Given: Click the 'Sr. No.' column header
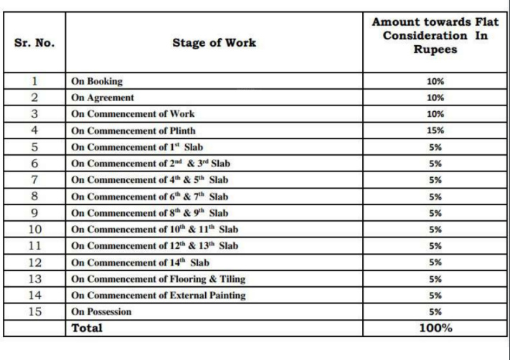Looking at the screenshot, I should (34, 43).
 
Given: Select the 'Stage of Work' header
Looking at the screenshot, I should (214, 43).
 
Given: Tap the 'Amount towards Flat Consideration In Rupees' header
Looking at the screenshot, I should (435, 36).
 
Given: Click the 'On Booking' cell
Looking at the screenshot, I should (97, 81).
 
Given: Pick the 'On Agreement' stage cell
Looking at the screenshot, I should (103, 98).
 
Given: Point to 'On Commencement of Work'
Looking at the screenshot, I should (133, 114).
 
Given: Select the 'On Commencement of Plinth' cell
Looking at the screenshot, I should (133, 131).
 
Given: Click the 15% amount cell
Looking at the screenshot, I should (435, 131).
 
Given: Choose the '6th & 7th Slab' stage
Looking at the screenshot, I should (150, 196).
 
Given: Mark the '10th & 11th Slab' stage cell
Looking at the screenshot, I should (154, 229).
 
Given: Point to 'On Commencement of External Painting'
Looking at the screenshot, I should (159, 295).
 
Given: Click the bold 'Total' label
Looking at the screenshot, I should (86, 328).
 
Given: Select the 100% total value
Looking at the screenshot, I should (435, 328).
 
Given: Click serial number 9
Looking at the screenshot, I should (34, 213).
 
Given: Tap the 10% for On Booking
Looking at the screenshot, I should (435, 81).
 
